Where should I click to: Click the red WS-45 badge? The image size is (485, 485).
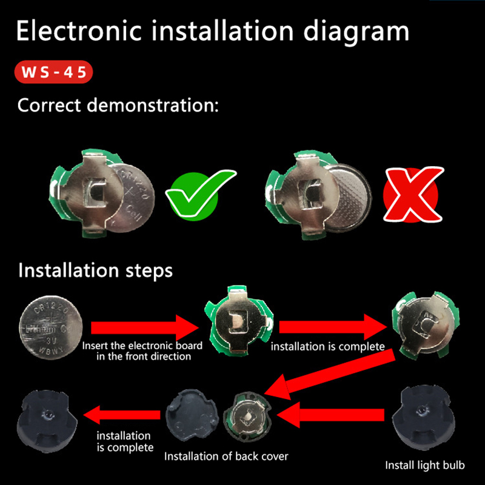click(x=53, y=72)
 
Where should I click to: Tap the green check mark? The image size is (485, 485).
click(x=198, y=194)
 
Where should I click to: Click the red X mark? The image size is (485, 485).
click(x=412, y=194)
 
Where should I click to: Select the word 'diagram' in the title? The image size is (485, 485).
click(x=356, y=32)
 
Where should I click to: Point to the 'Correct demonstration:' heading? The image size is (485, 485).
click(x=118, y=105)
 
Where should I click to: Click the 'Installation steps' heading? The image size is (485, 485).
click(x=95, y=270)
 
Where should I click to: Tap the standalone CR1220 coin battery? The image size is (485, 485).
click(x=51, y=327)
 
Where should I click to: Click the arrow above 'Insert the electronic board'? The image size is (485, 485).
click(x=145, y=328)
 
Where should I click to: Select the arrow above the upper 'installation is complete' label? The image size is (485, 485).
click(x=333, y=327)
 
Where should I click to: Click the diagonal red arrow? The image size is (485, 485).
click(x=330, y=375)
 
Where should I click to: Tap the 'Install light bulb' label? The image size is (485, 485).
click(x=425, y=465)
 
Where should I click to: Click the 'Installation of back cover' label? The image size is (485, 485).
click(x=226, y=457)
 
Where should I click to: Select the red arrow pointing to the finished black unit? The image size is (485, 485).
click(x=122, y=415)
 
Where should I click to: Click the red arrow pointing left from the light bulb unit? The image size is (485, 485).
click(x=330, y=415)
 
